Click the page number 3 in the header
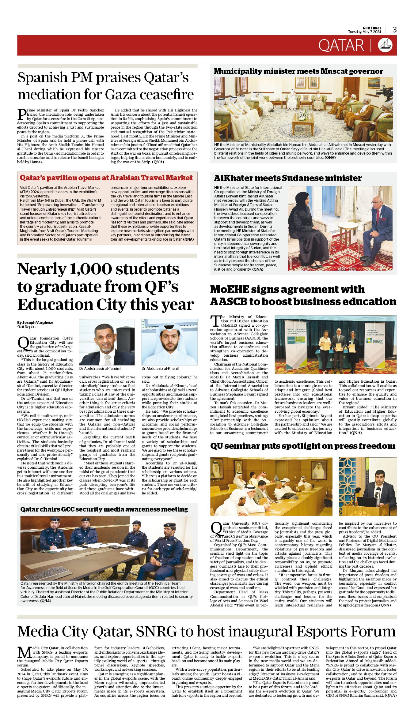[394, 30]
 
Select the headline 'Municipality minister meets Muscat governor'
[298, 71]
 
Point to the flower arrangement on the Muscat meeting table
[303, 115]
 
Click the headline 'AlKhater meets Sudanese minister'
[287, 178]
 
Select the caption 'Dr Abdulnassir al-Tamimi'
[100, 369]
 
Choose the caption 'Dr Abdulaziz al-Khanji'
[160, 369]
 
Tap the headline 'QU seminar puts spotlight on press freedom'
[302, 446]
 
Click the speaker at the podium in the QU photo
[379, 486]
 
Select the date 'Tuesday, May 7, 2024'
[364, 32]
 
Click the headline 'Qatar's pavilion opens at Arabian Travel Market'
[106, 178]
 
